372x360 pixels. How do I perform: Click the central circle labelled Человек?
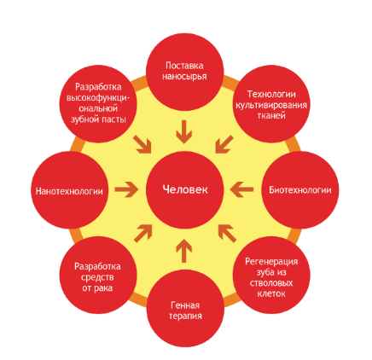[x=185, y=190]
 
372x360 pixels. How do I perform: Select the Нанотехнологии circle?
[x=70, y=190]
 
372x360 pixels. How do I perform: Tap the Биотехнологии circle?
[x=300, y=190]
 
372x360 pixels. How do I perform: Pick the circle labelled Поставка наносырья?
[x=185, y=72]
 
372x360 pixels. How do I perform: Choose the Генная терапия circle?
[x=185, y=308]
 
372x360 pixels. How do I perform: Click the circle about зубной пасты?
[x=98, y=104]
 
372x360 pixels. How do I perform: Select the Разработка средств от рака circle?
[x=98, y=276]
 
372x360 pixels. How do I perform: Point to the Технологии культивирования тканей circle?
[x=271, y=104]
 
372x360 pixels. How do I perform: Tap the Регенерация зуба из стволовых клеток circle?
[x=271, y=276]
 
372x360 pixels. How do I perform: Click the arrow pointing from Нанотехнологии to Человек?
[x=127, y=189]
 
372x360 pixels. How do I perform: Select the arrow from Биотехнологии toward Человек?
[x=241, y=189]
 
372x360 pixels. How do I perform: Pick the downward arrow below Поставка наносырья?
[x=184, y=132]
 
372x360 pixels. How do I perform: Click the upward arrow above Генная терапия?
[x=184, y=251]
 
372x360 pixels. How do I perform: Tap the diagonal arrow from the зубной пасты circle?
[x=142, y=145]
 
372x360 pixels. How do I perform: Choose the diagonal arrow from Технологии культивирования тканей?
[x=224, y=145]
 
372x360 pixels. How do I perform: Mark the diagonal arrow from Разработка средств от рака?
[x=143, y=234]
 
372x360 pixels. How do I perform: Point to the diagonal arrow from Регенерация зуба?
[x=227, y=234]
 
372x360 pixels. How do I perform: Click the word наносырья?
[x=184, y=77]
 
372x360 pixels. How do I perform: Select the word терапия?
[x=185, y=316]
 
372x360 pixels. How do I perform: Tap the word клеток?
[x=271, y=293]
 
